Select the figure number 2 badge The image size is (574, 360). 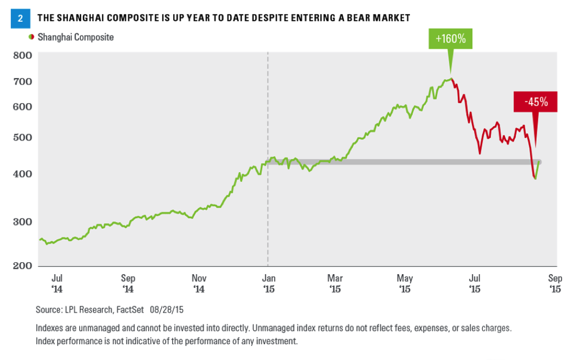20,17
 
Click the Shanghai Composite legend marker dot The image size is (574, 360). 31,37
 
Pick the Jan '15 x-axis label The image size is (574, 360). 268,283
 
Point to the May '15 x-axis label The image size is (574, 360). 405,283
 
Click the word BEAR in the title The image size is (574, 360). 339,18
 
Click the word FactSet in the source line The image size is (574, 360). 129,310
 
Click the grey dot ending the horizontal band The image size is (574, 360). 539,162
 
